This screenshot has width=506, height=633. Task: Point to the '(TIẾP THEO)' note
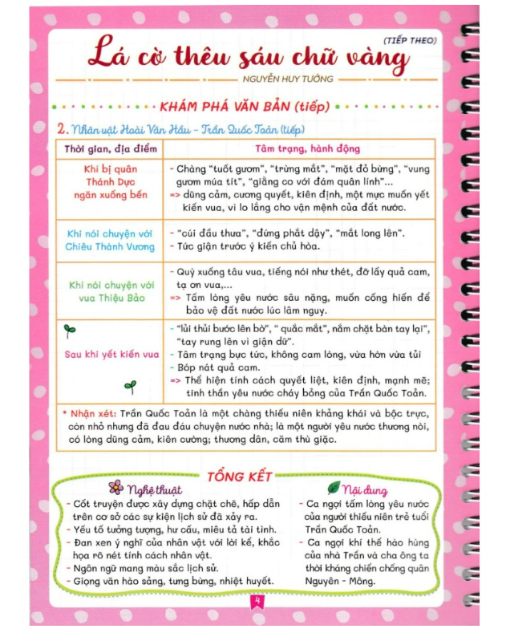pos(410,39)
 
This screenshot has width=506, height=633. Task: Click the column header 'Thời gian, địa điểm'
pos(110,149)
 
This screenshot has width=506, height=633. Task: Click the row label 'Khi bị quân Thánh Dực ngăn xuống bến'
pos(110,182)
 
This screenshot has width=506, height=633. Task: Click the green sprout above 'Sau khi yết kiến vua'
pos(70,329)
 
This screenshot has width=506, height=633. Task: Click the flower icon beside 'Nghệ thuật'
pos(115,487)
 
